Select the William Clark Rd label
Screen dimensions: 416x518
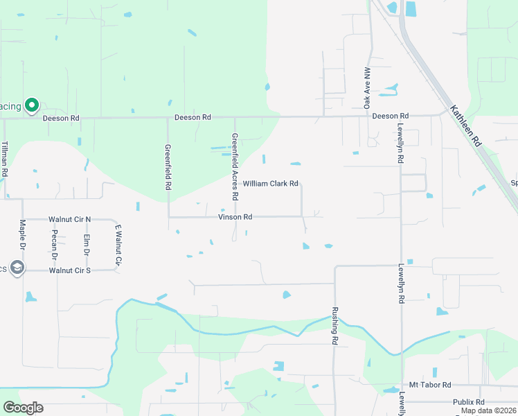point(270,184)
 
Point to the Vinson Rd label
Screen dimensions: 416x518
point(235,217)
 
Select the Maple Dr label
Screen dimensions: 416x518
point(22,235)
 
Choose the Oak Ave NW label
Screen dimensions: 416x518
point(368,88)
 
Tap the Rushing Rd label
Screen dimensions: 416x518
point(334,326)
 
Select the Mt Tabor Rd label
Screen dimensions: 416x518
point(430,385)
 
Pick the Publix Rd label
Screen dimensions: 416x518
point(469,401)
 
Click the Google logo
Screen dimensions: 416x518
point(23,408)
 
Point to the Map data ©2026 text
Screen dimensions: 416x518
point(488,410)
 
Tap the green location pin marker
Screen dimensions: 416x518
point(31,105)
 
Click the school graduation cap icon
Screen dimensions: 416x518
point(17,268)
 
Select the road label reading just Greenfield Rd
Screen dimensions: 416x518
point(168,167)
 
